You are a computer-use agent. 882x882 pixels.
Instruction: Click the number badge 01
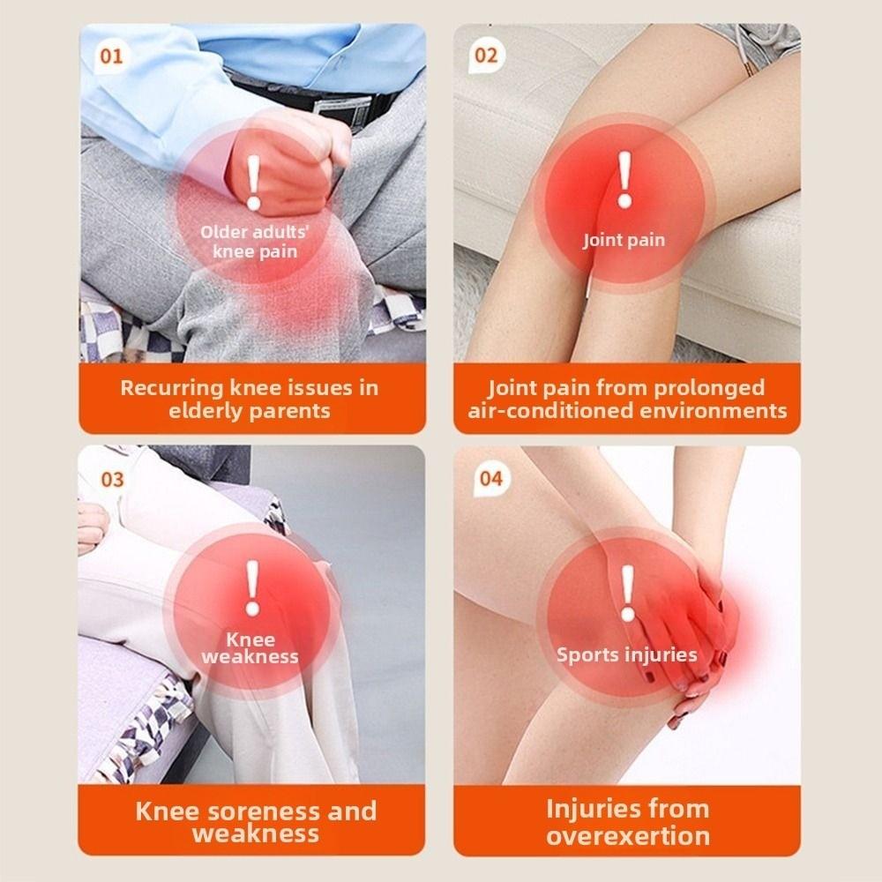tap(112, 57)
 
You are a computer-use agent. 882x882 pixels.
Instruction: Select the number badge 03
tap(112, 480)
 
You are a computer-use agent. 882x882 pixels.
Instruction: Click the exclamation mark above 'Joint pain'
tap(624, 180)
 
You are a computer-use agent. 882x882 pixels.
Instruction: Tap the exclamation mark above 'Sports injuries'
tap(627, 593)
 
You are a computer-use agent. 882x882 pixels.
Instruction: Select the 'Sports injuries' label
tap(626, 655)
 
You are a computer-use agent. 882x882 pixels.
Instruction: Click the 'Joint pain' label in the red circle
tap(624, 240)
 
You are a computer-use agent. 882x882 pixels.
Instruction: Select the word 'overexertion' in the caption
tap(627, 836)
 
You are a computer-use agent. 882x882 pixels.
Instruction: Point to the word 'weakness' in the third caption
tap(255, 834)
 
